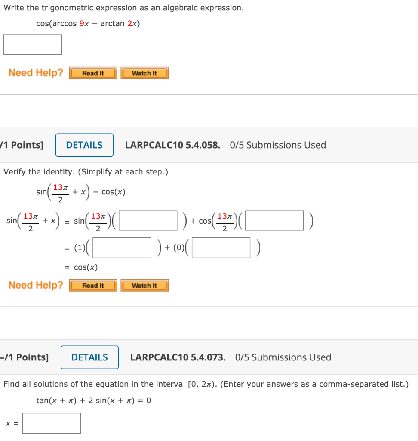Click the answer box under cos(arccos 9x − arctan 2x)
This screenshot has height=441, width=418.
[x=32, y=45]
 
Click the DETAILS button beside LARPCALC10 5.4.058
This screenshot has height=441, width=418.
[x=84, y=145]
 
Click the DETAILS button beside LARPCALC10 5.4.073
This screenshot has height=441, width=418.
[x=89, y=357]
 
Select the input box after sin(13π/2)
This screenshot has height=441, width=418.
[x=148, y=220]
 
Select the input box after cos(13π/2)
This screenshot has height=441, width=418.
[x=274, y=220]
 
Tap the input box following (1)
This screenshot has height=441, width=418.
[x=122, y=248]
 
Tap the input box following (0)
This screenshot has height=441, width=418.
[x=221, y=248]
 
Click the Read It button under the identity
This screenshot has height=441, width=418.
[x=93, y=286]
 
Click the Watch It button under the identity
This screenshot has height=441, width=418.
[x=144, y=286]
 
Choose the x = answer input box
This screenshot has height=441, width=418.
[x=52, y=423]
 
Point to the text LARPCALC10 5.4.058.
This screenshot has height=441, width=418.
[x=172, y=145]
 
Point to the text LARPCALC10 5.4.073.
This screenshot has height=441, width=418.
[x=178, y=357]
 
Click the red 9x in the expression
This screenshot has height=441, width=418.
[x=84, y=24]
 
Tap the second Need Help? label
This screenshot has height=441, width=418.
[x=36, y=285]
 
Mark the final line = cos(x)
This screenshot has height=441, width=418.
[x=82, y=267]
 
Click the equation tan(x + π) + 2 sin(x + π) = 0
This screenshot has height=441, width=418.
[x=93, y=401]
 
